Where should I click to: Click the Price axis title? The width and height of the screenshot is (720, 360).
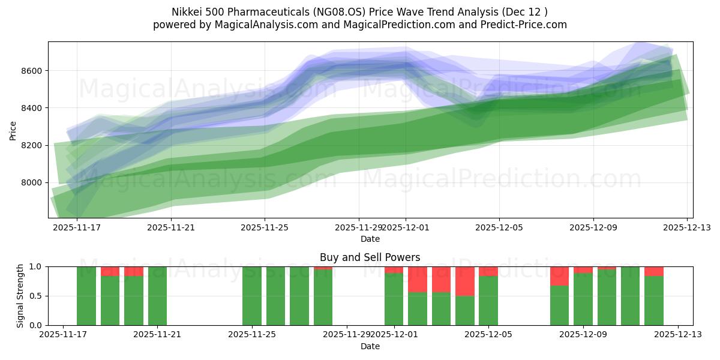pos(13,130)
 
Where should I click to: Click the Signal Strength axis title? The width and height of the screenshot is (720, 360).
pos(20,296)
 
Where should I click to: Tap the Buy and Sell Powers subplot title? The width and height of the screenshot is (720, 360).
pos(370,257)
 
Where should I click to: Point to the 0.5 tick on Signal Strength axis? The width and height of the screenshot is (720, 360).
pos(35,296)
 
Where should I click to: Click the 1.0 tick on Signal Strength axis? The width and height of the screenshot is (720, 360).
pos(35,266)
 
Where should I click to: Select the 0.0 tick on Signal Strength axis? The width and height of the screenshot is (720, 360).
pos(35,325)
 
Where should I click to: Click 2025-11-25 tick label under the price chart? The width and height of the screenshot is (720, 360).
pos(265,227)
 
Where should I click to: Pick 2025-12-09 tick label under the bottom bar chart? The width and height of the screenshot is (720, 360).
pos(583,335)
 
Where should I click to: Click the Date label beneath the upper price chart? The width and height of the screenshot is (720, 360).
pos(370,239)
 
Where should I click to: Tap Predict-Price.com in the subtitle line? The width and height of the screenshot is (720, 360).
pos(526,25)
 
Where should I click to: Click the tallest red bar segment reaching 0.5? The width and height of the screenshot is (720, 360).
pos(465,281)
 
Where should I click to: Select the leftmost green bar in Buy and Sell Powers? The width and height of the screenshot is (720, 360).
pos(86,296)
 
